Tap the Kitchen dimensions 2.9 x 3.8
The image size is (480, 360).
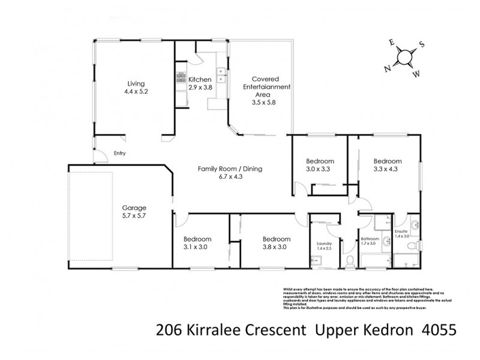200,88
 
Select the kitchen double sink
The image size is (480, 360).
221,75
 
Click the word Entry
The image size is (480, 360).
119,154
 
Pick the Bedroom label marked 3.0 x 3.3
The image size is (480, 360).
319,161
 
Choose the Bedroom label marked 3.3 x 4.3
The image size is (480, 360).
386,161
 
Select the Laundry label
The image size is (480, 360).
323,243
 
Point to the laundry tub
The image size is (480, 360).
317,260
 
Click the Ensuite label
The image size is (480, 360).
401,231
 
